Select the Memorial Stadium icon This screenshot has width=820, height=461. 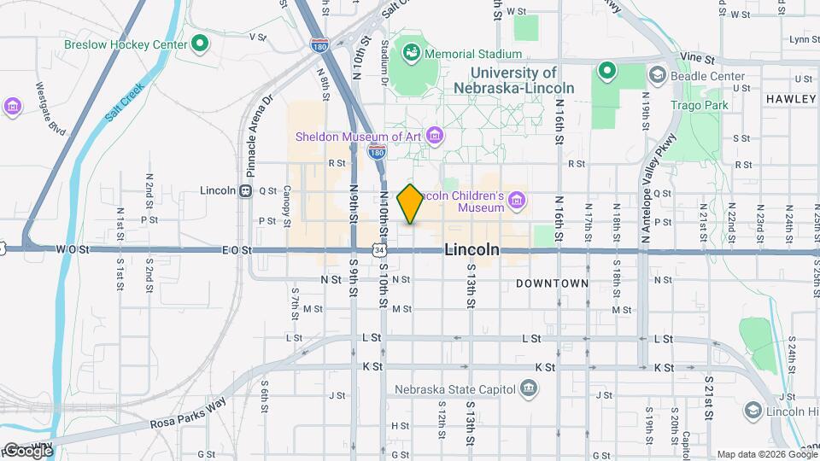(412, 54)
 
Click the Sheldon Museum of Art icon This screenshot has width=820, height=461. (436, 136)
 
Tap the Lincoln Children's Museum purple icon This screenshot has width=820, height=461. (516, 201)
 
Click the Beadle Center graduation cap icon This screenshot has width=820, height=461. (657, 76)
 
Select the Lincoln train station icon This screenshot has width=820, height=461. (245, 191)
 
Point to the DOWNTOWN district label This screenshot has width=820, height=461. (552, 283)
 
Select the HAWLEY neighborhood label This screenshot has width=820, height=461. (790, 99)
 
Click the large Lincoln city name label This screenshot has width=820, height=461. (471, 250)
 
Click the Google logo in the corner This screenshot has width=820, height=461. (27, 450)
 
